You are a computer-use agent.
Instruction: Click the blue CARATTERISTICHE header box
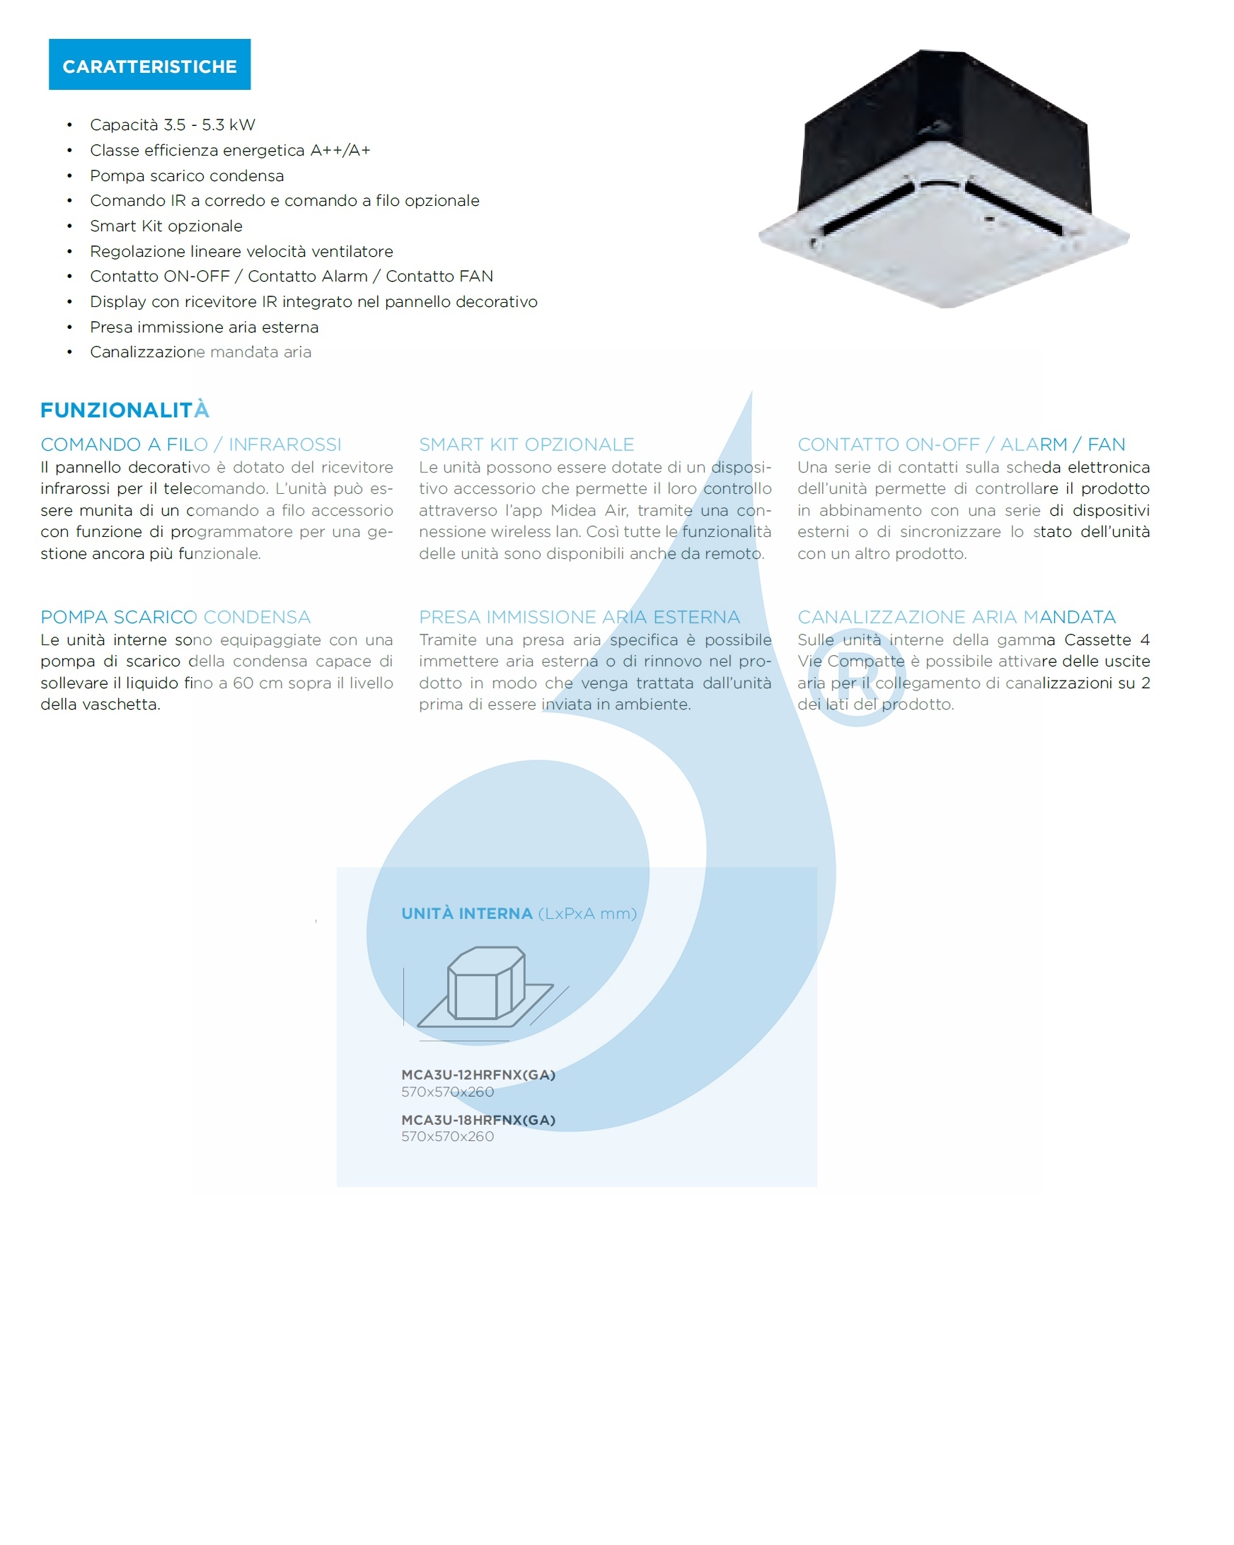pyautogui.click(x=149, y=64)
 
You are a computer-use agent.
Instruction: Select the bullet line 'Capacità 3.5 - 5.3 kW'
pyautogui.click(x=172, y=125)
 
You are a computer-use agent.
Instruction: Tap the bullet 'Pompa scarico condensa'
pyautogui.click(x=186, y=175)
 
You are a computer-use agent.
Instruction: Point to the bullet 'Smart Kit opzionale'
pyautogui.click(x=166, y=226)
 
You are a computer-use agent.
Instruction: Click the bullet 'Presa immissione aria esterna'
pyautogui.click(x=204, y=327)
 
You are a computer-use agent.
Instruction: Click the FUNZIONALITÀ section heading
pyautogui.click(x=125, y=410)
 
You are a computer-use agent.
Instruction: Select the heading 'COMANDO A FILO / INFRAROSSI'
pyautogui.click(x=190, y=444)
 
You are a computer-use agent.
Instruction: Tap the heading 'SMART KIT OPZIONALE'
pyautogui.click(x=526, y=444)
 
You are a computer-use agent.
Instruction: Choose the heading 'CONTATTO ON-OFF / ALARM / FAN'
pyautogui.click(x=960, y=444)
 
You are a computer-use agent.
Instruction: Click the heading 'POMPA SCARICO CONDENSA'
pyautogui.click(x=175, y=617)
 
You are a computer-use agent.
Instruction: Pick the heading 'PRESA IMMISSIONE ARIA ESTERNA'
pyautogui.click(x=579, y=617)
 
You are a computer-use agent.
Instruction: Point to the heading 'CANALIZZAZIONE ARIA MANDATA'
pyautogui.click(x=956, y=617)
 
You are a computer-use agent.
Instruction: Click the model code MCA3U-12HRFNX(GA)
pyautogui.click(x=478, y=1075)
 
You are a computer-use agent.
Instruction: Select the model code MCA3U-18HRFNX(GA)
pyautogui.click(x=478, y=1120)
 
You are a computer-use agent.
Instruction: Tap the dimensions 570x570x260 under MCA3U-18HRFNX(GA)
pyautogui.click(x=447, y=1137)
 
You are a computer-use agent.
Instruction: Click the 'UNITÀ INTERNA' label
pyautogui.click(x=466, y=914)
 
